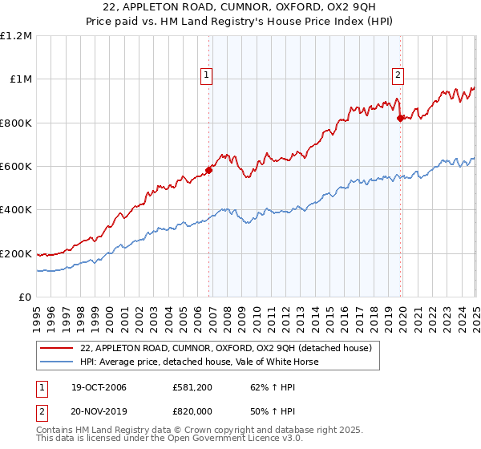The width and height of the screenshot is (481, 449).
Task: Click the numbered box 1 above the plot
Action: click(206, 75)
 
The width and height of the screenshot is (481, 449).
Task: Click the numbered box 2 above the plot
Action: click(398, 75)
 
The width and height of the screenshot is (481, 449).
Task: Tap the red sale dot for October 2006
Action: click(209, 170)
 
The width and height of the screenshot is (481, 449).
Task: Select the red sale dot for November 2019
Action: click(401, 118)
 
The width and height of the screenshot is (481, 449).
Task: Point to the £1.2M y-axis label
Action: click(16, 36)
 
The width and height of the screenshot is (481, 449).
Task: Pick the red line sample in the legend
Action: click(56, 349)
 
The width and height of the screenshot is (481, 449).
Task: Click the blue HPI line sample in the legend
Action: click(56, 362)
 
